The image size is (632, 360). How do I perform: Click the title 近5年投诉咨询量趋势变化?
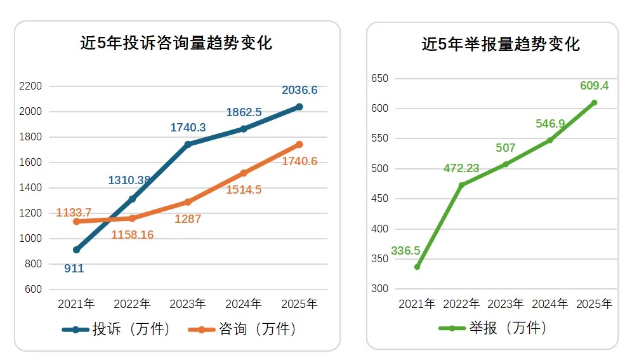pyautogui.click(x=176, y=43)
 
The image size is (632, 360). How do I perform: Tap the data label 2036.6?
pyautogui.click(x=300, y=90)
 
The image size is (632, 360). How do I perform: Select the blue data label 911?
pyautogui.click(x=74, y=269)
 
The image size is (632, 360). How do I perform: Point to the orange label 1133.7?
pyautogui.click(x=74, y=213)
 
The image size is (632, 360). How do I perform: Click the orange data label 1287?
pyautogui.click(x=188, y=219)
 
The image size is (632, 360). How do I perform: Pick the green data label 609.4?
pyautogui.click(x=594, y=86)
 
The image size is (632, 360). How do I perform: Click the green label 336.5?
pyautogui.click(x=405, y=251)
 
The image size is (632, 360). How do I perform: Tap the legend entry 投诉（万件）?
pyautogui.click(x=117, y=330)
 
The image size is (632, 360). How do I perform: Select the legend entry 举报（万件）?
pyautogui.click(x=493, y=328)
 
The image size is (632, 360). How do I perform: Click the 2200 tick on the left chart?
pyautogui.click(x=30, y=86)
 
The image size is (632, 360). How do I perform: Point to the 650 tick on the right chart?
pyautogui.click(x=379, y=79)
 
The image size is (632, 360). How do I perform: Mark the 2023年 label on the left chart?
pyautogui.click(x=188, y=304)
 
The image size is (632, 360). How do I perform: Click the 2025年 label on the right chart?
pyautogui.click(x=594, y=304)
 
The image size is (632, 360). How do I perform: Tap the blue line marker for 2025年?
pyautogui.click(x=300, y=107)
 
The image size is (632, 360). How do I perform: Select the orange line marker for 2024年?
pyautogui.click(x=244, y=173)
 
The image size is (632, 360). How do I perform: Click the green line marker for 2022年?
pyautogui.click(x=461, y=185)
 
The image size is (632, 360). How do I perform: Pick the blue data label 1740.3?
pyautogui.click(x=188, y=128)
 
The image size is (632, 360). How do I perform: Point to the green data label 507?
pyautogui.click(x=505, y=148)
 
